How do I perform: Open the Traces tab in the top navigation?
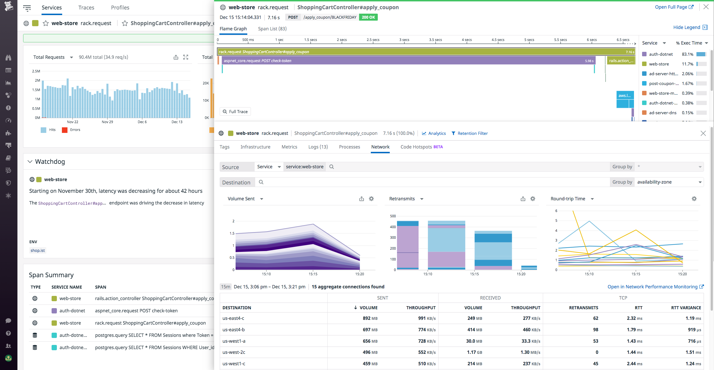point(86,8)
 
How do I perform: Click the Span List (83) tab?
point(272,29)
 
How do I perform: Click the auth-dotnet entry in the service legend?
point(660,54)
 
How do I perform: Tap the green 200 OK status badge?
point(368,17)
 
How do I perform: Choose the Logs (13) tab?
point(318,147)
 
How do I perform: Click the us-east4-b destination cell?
point(234,330)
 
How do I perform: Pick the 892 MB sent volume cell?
point(370,318)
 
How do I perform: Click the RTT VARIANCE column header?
point(686,308)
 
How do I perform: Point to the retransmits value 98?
point(596,330)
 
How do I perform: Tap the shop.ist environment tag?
point(38,250)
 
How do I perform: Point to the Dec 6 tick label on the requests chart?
point(142,122)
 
